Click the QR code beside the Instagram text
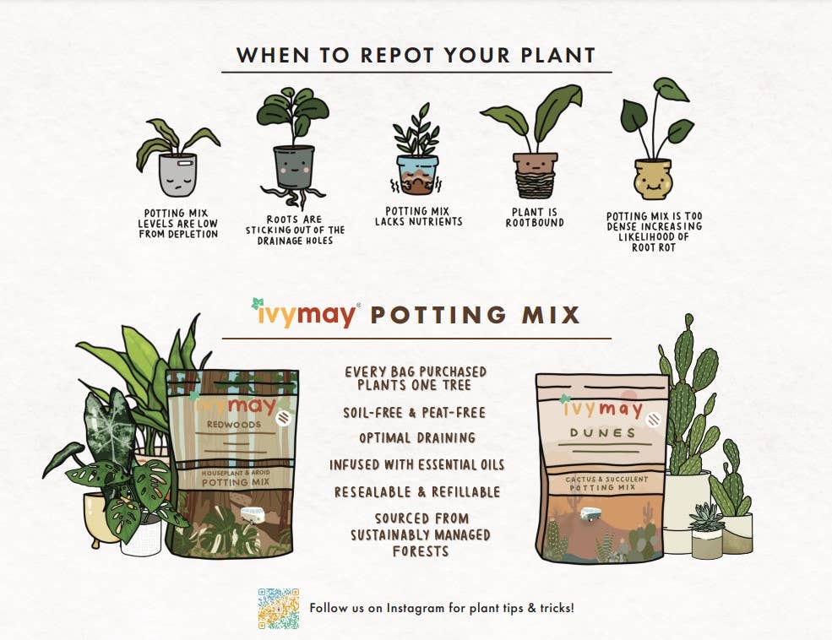(279, 609)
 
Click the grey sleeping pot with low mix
(177, 176)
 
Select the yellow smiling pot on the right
(652, 177)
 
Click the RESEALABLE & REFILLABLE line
(416, 491)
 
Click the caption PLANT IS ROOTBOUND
(535, 218)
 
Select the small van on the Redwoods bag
(253, 513)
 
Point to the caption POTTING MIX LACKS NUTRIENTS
(418, 217)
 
